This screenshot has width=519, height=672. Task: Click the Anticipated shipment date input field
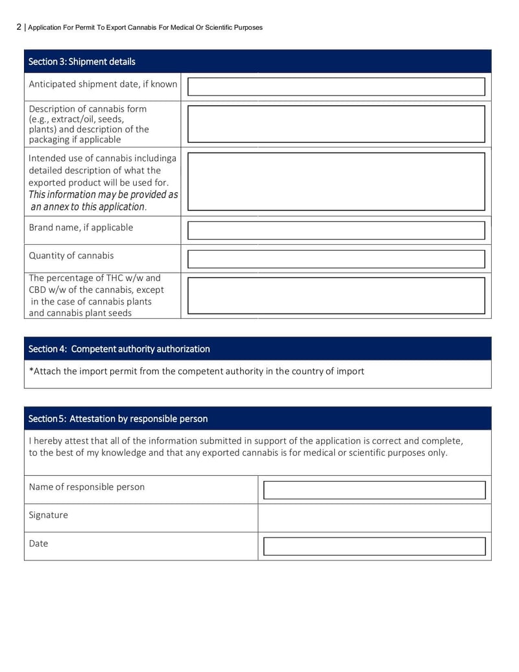coord(336,87)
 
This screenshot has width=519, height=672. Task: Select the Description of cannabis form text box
coord(336,124)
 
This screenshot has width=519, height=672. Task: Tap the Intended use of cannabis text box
coord(336,181)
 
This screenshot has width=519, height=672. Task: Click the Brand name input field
coord(336,230)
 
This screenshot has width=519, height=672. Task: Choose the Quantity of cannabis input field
coord(336,259)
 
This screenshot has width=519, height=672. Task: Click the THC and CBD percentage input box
coord(336,295)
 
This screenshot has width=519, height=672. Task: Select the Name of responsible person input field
coord(374,490)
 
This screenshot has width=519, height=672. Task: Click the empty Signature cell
coord(374,518)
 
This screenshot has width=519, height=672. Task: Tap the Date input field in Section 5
coord(374,547)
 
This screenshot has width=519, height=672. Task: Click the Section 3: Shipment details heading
coord(82,62)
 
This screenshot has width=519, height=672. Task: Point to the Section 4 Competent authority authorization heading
coord(119,349)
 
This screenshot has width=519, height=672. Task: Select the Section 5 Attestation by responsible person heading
coord(118,419)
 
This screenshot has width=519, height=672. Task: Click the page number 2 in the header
coord(19,27)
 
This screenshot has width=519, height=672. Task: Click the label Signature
coord(48,515)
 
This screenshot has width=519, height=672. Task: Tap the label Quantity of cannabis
coord(71,255)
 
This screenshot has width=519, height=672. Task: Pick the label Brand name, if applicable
coord(81,227)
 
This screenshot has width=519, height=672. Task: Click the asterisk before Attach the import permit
coord(31,371)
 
